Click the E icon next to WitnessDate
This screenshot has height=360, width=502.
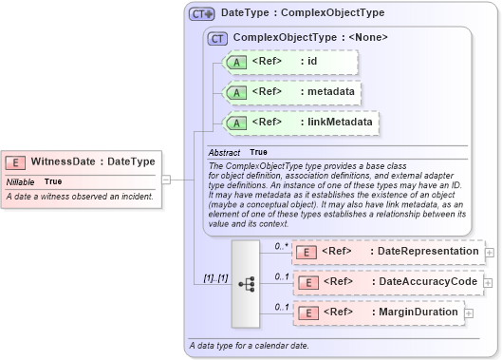[x=16, y=162]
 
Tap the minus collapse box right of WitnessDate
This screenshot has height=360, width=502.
[x=165, y=178]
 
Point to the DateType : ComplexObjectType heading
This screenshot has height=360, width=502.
[x=275, y=14]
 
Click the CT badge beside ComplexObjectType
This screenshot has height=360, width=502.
[x=217, y=38]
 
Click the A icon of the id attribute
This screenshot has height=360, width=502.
[x=232, y=63]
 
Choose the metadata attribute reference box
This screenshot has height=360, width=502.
[x=290, y=92]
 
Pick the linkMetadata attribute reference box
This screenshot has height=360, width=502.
[x=300, y=123]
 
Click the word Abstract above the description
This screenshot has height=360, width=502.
[x=225, y=152]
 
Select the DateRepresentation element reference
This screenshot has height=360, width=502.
[x=387, y=252]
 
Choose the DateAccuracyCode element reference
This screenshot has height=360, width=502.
[x=387, y=282]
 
